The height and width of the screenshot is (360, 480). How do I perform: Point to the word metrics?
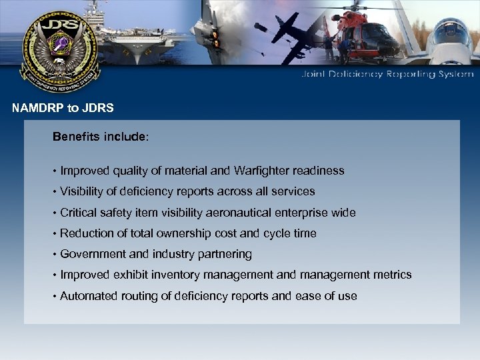[x=394, y=275]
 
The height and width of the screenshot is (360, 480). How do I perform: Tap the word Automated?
[x=86, y=295]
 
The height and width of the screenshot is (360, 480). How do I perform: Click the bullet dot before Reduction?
[x=55, y=233]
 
